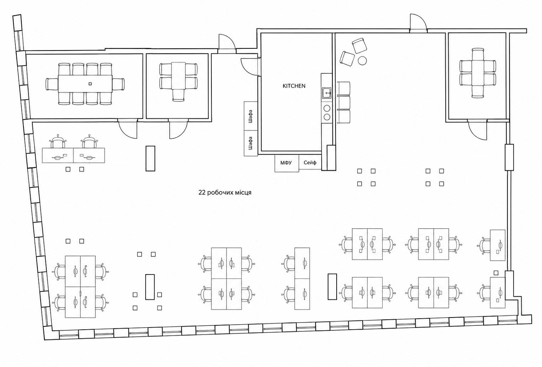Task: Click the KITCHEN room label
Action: coord(294,86)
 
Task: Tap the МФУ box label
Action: coord(286,163)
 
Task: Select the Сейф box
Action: coord(310,162)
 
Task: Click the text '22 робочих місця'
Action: coord(225,193)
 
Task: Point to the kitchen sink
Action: coord(327,93)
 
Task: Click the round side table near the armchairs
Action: coord(362,60)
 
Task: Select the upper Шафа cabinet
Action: coord(251,116)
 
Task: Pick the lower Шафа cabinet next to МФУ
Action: coord(251,143)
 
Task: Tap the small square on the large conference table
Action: coord(90,84)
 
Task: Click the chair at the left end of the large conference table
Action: coord(52,84)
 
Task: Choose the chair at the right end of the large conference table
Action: coord(119,84)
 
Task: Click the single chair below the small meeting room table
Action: coord(179,95)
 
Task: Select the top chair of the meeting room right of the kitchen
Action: coord(478,54)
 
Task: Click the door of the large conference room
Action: coord(127,129)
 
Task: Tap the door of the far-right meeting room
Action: coord(477,129)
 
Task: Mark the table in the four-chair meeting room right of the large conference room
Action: coord(179,76)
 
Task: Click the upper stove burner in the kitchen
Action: coord(327,108)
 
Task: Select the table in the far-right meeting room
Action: coord(478,73)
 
